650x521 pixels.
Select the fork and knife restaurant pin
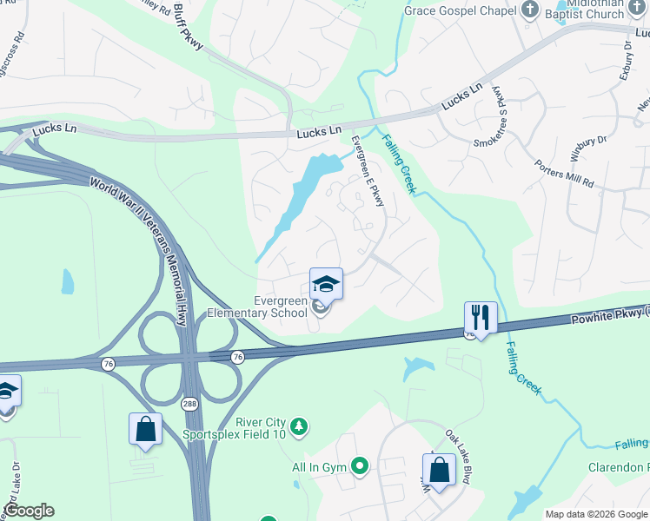pos(481,316)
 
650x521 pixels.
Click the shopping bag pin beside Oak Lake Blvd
pos(440,470)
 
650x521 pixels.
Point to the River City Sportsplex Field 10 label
pos(235,426)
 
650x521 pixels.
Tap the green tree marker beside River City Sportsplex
pos(299,425)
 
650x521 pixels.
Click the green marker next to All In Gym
pos(359,467)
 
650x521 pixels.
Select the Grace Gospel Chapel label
pos(461,11)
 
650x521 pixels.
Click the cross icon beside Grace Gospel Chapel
pos(530,11)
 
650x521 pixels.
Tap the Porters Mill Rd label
pos(564,173)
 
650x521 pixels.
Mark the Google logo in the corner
pos(30,511)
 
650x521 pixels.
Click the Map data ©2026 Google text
pos(596,514)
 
